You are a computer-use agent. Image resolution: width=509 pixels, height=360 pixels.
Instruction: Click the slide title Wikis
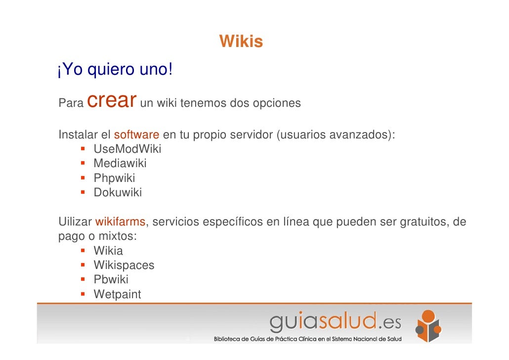click(x=241, y=42)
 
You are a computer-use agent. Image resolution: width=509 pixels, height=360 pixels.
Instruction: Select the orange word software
click(x=136, y=135)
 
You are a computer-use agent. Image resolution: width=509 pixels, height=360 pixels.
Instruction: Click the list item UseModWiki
click(x=127, y=149)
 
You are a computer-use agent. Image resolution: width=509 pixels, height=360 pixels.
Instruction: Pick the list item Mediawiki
click(x=120, y=163)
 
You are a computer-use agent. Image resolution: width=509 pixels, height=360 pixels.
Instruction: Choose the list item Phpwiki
click(x=114, y=178)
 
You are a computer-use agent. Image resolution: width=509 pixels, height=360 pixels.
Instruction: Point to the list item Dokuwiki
click(x=118, y=192)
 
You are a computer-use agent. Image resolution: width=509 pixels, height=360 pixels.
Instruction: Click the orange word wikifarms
click(x=120, y=222)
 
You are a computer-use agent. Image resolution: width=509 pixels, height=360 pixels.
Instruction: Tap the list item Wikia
click(x=108, y=251)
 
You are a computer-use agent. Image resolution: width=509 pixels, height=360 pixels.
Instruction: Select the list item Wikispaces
click(x=124, y=266)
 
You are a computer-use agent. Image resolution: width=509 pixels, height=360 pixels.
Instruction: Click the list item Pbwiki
click(x=111, y=280)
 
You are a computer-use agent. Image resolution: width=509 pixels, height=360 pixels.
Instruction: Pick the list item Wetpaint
click(x=117, y=295)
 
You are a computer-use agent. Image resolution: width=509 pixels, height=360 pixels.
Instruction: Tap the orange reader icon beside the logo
click(x=428, y=326)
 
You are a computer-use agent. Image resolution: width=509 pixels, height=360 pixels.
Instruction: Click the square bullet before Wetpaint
click(x=84, y=295)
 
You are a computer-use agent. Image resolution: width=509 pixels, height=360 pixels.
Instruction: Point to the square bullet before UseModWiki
click(x=84, y=149)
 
